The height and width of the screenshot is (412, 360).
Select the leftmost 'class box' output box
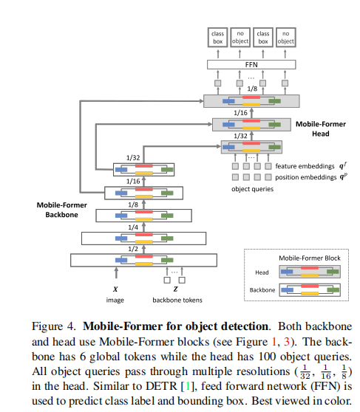tap(217, 38)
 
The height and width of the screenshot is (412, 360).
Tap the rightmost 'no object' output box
tap(285, 38)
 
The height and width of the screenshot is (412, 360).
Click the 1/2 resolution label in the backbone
tap(132, 249)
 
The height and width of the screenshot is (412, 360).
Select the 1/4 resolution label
tap(132, 227)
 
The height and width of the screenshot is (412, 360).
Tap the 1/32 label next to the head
tap(240, 135)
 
